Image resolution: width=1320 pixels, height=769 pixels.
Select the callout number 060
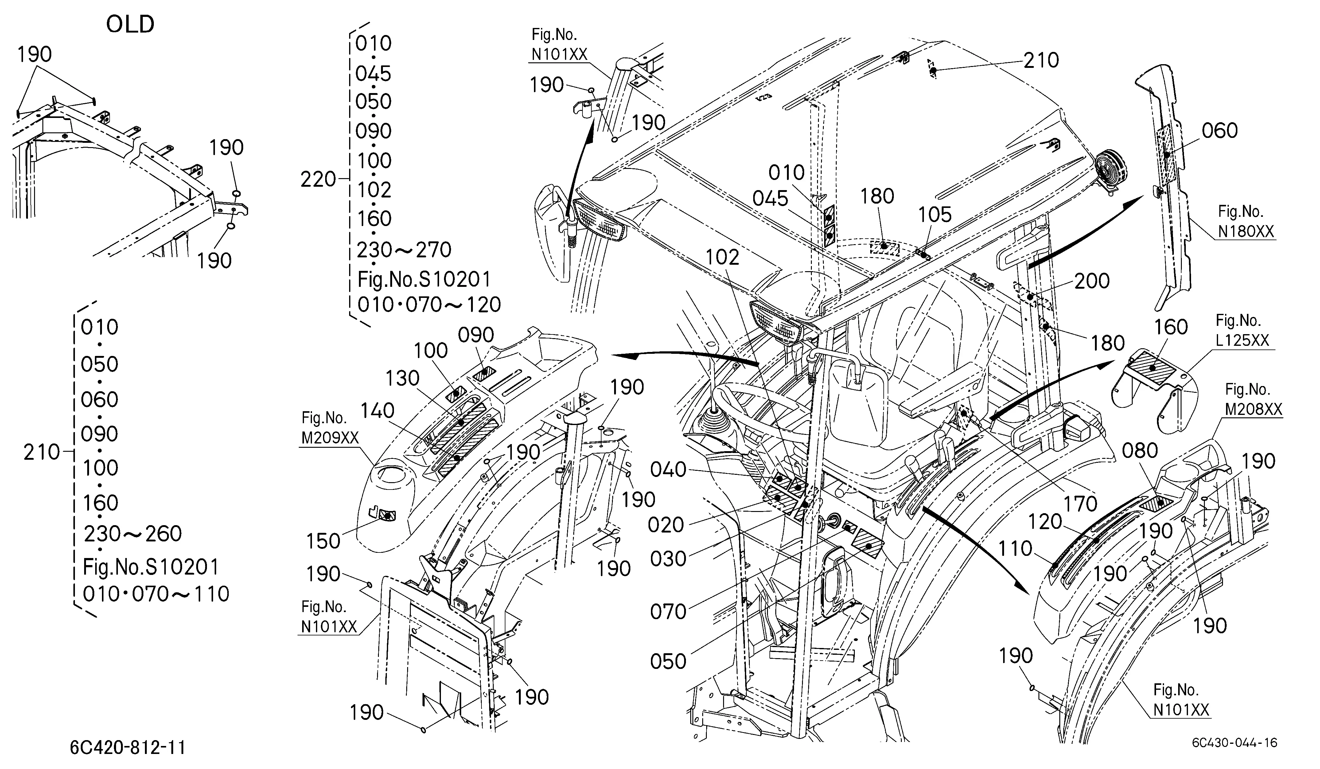point(1219,131)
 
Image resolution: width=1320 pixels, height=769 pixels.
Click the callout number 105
point(935,214)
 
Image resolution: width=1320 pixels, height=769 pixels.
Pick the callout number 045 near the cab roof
point(770,198)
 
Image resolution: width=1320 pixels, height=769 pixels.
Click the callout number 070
point(668,611)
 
